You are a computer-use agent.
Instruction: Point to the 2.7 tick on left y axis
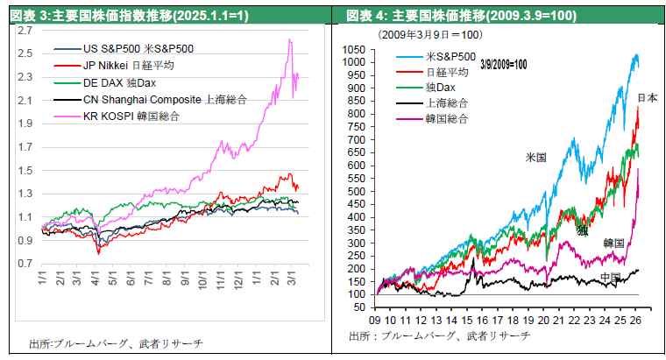25,30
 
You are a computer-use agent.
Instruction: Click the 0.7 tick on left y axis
25,264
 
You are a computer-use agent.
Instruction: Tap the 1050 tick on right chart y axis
353,50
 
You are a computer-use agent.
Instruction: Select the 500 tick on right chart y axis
356,191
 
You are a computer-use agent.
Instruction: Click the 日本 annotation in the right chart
648,97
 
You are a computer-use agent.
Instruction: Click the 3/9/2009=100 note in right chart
504,64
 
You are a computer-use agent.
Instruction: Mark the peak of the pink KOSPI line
290,39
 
